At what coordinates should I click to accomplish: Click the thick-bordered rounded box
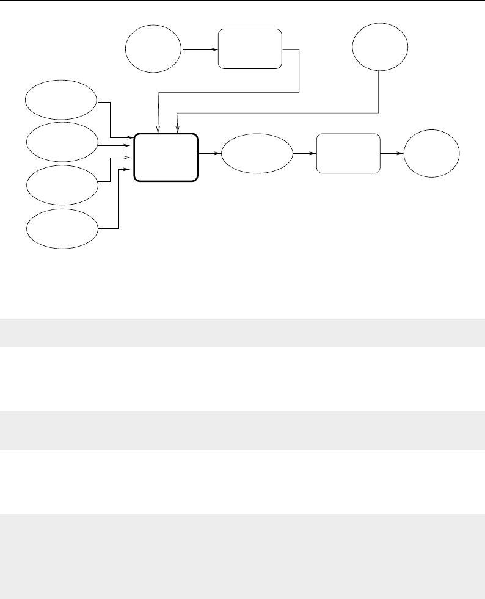166,157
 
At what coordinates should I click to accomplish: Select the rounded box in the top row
250,48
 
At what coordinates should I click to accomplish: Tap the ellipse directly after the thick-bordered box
257,153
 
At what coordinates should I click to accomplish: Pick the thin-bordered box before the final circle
348,153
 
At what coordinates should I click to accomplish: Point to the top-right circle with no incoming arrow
380,46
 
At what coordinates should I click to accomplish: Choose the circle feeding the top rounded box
153,48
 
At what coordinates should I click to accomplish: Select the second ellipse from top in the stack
62,141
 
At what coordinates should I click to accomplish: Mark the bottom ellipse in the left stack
62,228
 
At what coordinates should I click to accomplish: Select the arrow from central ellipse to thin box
304,154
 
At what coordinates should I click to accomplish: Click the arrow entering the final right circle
391,154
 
